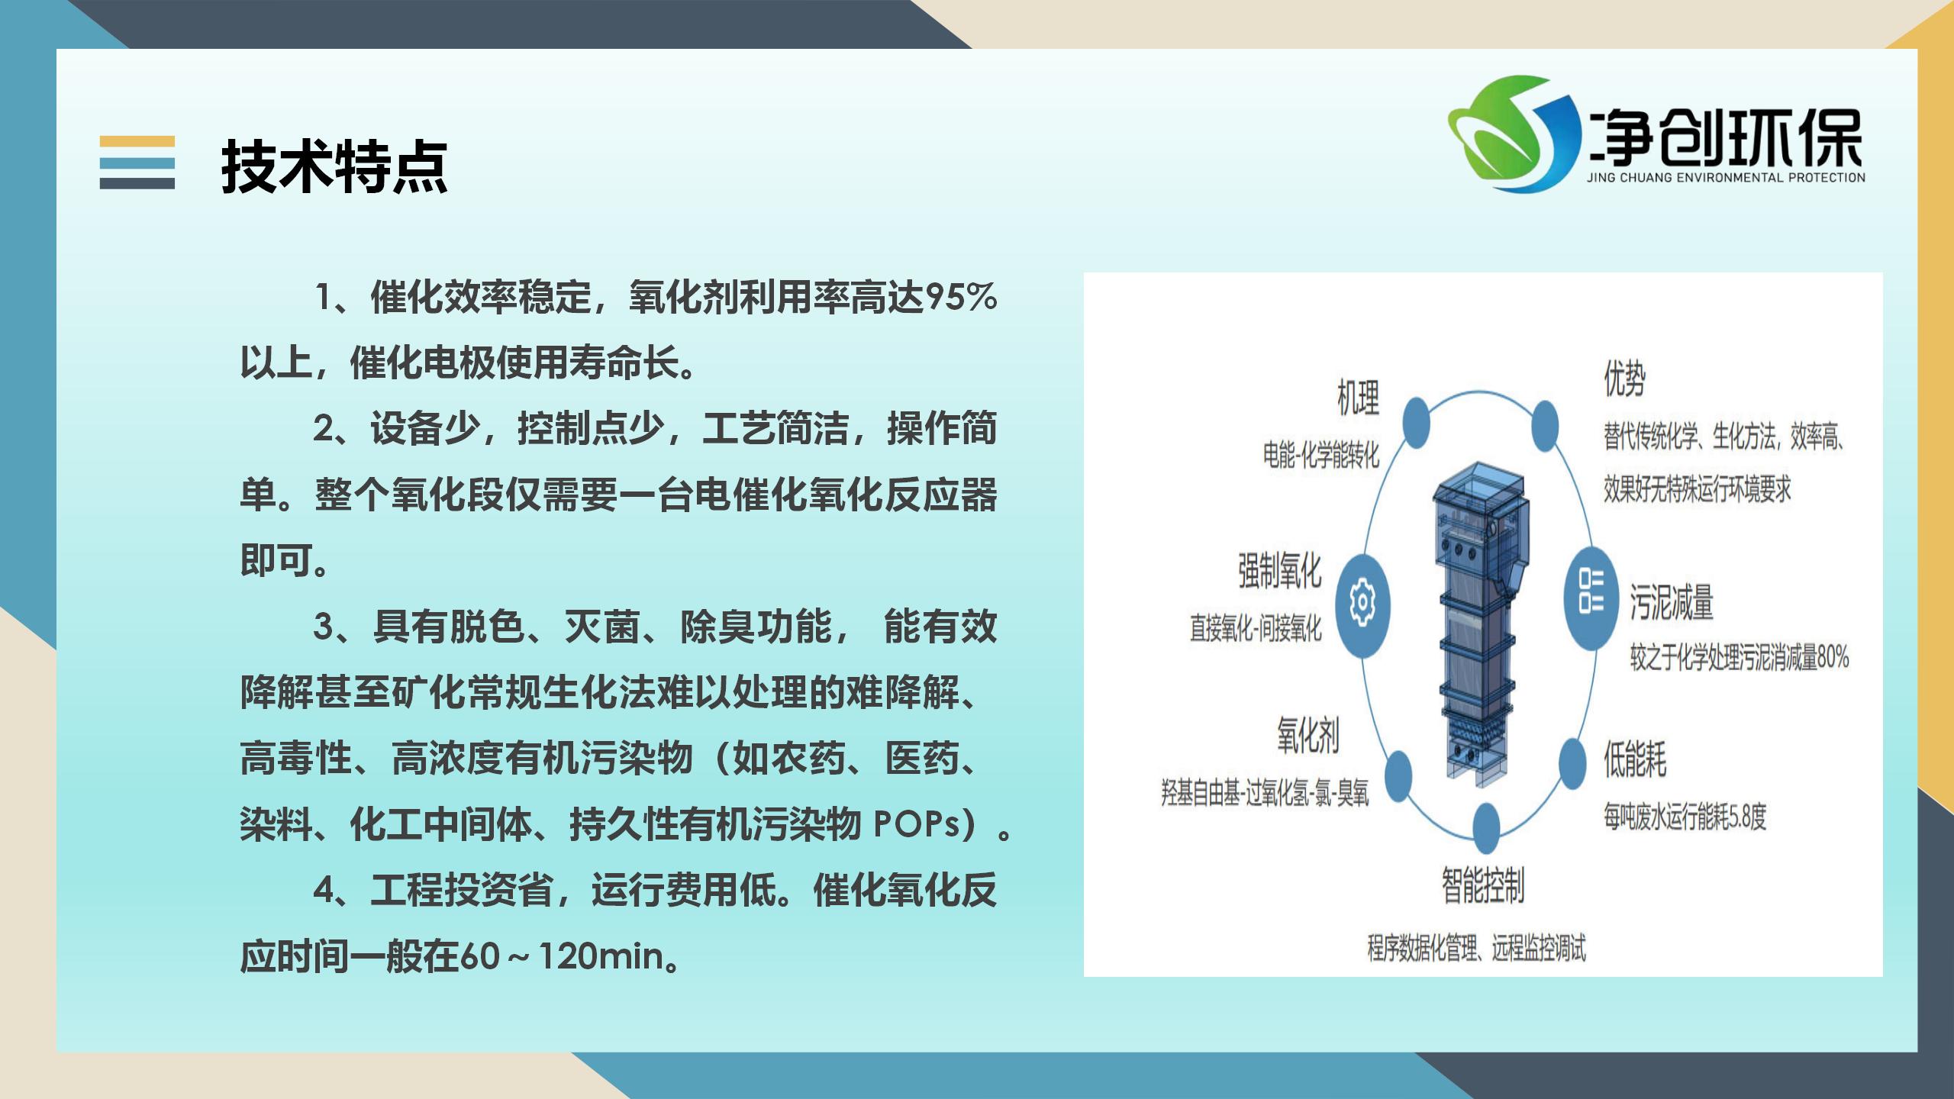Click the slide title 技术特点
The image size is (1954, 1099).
334,166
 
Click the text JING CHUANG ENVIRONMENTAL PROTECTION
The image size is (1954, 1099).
1726,178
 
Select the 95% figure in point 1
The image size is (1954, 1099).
961,297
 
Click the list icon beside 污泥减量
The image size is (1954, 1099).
1591,600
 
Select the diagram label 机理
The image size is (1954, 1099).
1359,398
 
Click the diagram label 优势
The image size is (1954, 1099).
1624,379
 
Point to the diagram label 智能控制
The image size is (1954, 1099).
1483,886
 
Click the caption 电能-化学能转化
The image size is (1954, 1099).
1321,456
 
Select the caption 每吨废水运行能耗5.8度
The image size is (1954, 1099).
1685,817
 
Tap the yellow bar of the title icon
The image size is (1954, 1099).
137,142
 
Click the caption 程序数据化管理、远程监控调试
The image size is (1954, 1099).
1476,948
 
